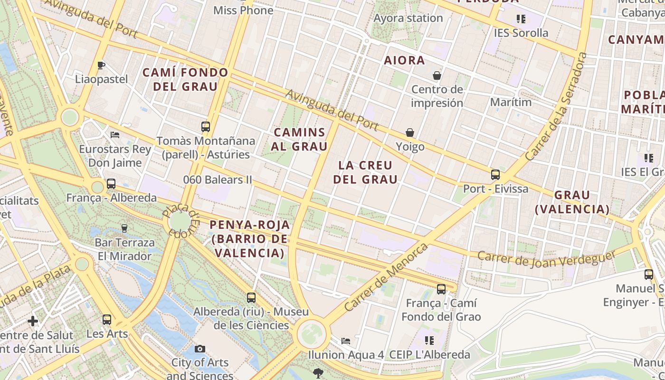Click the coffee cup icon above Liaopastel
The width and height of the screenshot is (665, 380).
pos(101,65)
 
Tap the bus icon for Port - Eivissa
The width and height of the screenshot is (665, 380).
pos(495,175)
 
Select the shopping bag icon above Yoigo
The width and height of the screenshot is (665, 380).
pos(409,133)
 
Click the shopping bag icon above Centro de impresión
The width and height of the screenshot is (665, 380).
pos(437,76)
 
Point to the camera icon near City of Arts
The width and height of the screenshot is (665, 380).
pos(200,349)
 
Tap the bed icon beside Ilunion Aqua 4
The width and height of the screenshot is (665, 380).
pos(346,341)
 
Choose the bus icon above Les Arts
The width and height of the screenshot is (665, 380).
pos(107,320)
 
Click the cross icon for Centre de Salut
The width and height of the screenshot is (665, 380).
pos(33,322)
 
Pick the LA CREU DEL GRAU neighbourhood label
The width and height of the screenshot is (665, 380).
pos(365,172)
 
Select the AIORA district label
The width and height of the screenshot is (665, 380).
pos(404,60)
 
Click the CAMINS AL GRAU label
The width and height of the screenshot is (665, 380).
pos(300,139)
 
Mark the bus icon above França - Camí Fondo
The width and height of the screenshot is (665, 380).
pos(441,289)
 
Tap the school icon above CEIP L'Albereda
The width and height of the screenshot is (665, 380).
pos(429,341)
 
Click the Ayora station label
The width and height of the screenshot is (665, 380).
pos(408,18)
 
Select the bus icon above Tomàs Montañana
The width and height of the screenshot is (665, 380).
pos(205,127)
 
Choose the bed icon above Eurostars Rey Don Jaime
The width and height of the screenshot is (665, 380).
pos(114,135)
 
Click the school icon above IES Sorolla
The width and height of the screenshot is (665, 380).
pos(521,19)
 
